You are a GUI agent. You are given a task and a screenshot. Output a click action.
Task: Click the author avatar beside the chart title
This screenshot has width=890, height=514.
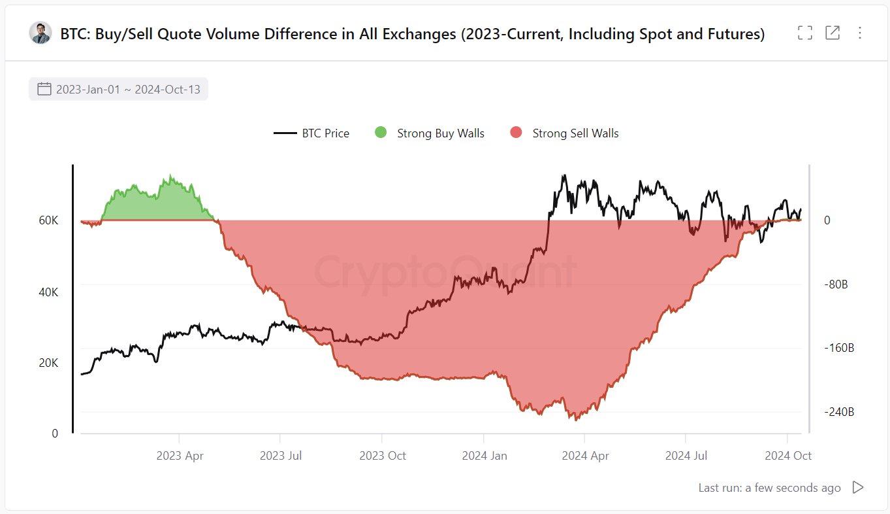click(40, 33)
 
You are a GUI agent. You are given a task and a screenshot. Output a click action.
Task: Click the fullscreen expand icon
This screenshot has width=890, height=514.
click(805, 33)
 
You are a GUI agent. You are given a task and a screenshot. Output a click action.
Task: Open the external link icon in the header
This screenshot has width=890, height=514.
click(833, 33)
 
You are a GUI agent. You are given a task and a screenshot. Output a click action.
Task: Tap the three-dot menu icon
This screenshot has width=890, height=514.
click(860, 33)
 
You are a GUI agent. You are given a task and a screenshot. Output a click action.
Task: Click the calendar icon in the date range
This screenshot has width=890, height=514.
click(44, 89)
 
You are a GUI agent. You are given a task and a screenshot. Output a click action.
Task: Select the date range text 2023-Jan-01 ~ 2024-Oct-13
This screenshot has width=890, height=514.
click(128, 90)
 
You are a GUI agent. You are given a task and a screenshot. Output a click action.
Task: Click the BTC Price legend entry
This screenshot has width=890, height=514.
click(312, 133)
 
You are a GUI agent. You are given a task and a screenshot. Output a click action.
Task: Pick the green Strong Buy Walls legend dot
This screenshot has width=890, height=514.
click(381, 133)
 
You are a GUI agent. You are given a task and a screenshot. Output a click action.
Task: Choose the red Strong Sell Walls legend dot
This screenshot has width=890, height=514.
click(516, 133)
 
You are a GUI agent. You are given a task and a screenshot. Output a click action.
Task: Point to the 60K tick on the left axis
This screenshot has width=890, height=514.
click(48, 221)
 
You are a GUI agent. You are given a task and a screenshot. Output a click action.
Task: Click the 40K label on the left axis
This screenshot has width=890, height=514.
click(48, 292)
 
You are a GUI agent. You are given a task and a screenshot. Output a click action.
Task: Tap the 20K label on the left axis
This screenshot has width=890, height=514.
click(48, 363)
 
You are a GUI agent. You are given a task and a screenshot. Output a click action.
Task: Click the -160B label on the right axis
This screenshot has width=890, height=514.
click(838, 348)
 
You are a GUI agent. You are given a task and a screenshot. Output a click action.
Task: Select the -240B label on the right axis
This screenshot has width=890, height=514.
click(838, 412)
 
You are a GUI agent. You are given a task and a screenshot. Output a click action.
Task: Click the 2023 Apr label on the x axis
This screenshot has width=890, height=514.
click(180, 456)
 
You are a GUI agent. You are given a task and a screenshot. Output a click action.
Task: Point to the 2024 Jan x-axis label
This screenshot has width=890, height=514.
click(484, 456)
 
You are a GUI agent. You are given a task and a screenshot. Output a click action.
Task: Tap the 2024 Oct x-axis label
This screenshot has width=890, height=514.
click(788, 456)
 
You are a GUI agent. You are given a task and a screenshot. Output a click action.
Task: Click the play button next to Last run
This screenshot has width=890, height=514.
click(858, 488)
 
